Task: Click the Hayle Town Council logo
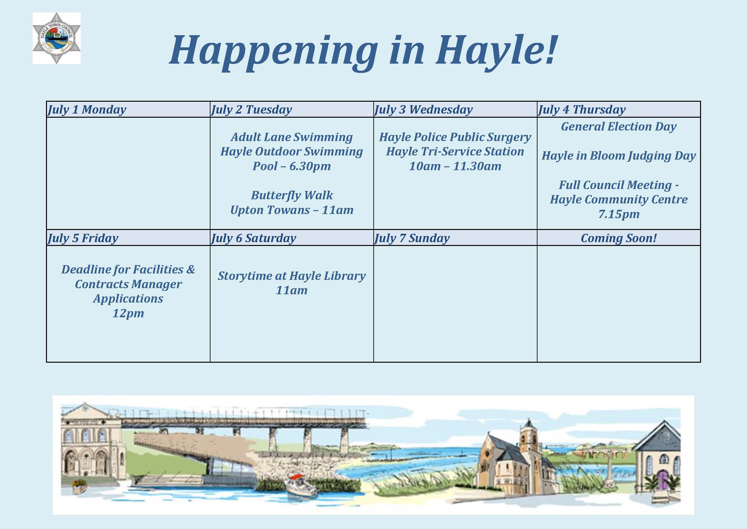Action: pos(56,38)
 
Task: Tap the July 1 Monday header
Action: pos(87,109)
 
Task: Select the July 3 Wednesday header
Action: pos(423,109)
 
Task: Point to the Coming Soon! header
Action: pos(619,238)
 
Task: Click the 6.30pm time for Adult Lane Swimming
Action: pos(310,166)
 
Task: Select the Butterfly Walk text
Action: pos(292,195)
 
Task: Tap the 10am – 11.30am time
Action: pos(455,166)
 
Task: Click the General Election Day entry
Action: pos(619,126)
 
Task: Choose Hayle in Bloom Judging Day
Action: pos(619,156)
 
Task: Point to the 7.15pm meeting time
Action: pos(619,214)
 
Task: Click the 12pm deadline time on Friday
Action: pos(128,313)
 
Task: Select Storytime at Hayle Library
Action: pos(292,276)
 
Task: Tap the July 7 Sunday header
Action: pos(412,238)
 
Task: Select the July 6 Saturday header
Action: pos(254,238)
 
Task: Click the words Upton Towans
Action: pos(270,210)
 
